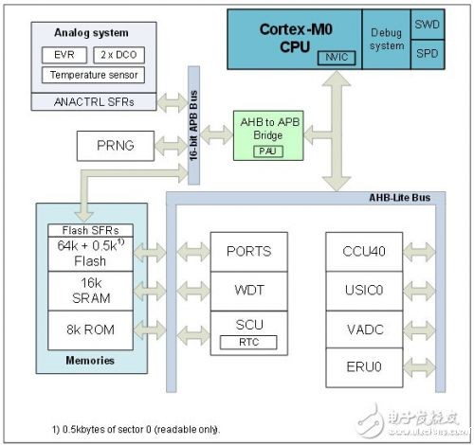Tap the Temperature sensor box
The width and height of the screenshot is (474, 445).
(x=93, y=74)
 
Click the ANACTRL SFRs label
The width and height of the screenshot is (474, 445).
(x=92, y=99)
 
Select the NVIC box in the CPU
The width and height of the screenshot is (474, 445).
(x=333, y=57)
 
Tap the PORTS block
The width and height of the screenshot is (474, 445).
(x=249, y=251)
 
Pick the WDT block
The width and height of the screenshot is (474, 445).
(x=249, y=288)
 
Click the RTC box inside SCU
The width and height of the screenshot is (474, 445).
(x=249, y=342)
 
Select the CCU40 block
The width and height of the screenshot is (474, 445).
(x=364, y=251)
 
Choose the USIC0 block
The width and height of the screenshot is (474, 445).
(x=364, y=288)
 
